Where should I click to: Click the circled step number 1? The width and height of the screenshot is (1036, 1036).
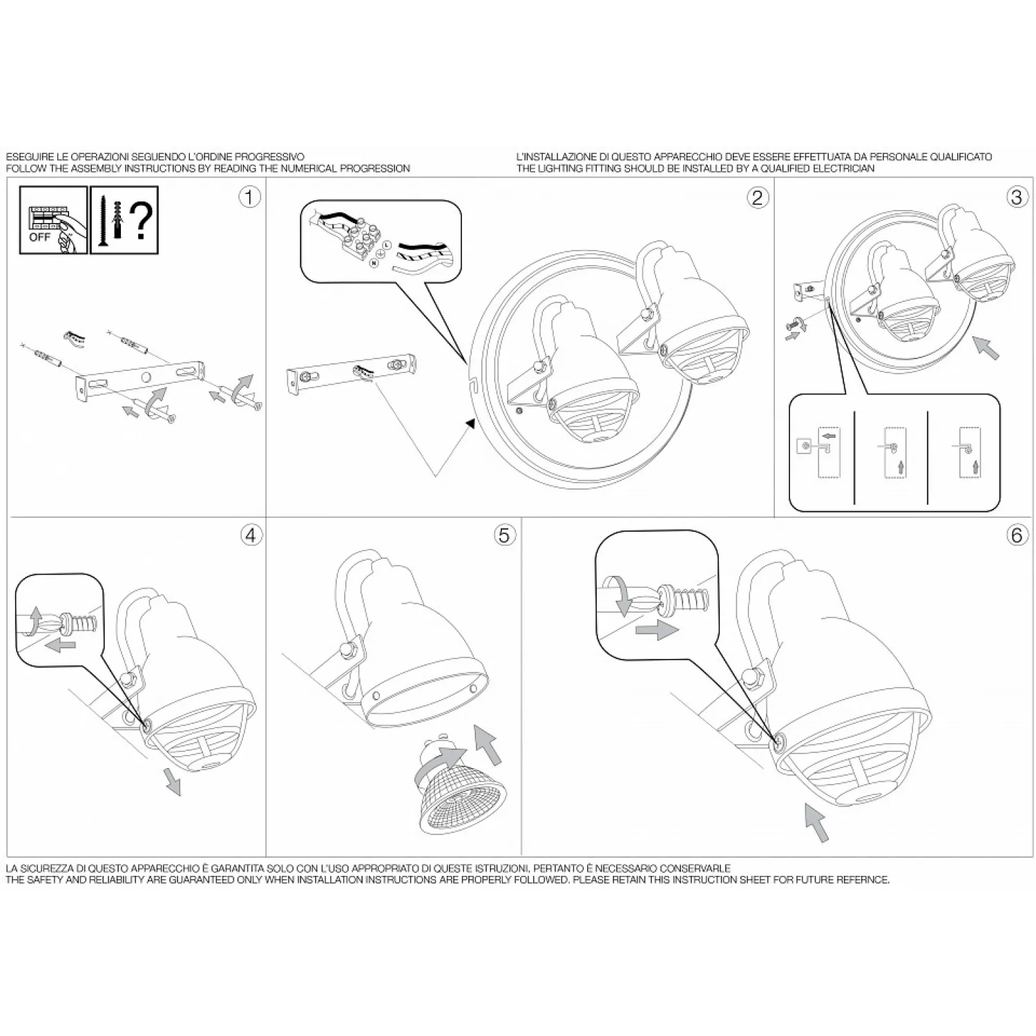pyautogui.click(x=249, y=197)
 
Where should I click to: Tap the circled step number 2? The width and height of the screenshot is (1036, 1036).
pyautogui.click(x=758, y=198)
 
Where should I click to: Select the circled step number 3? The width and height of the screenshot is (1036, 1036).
pyautogui.click(x=1016, y=197)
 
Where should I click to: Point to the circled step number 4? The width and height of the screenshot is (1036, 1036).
pyautogui.click(x=251, y=535)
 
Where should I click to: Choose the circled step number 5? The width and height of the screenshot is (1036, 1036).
pyautogui.click(x=505, y=535)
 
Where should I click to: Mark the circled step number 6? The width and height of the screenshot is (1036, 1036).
pyautogui.click(x=1016, y=535)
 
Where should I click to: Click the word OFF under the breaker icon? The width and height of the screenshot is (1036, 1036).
pyautogui.click(x=39, y=237)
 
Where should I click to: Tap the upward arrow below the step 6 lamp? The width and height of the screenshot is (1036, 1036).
pyautogui.click(x=817, y=822)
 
